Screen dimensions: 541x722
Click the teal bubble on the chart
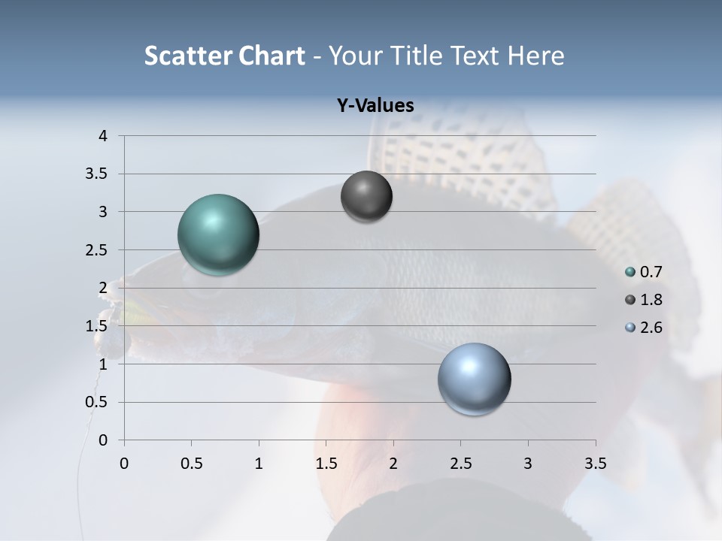pyautogui.click(x=219, y=234)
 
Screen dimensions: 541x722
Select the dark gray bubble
pyautogui.click(x=366, y=196)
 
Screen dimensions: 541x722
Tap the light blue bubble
pyautogui.click(x=474, y=379)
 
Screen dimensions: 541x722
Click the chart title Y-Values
pyautogui.click(x=375, y=105)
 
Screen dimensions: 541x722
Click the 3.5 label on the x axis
pyautogui.click(x=595, y=463)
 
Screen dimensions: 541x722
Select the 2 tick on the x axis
pyautogui.click(x=393, y=463)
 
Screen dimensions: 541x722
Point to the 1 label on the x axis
pyautogui.click(x=259, y=463)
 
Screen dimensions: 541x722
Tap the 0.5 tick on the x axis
pyautogui.click(x=191, y=463)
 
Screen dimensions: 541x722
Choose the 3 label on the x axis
pyautogui.click(x=528, y=463)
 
